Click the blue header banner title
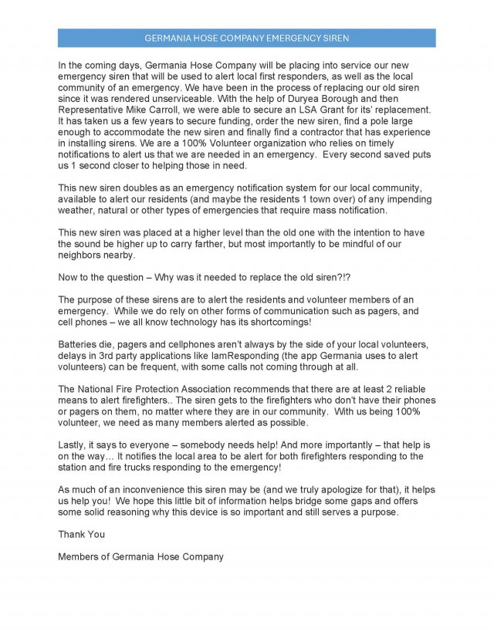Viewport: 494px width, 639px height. pyautogui.click(x=246, y=38)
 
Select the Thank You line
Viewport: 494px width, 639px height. pyautogui.click(x=81, y=534)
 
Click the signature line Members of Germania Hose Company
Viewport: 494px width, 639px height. pyautogui.click(x=140, y=556)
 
